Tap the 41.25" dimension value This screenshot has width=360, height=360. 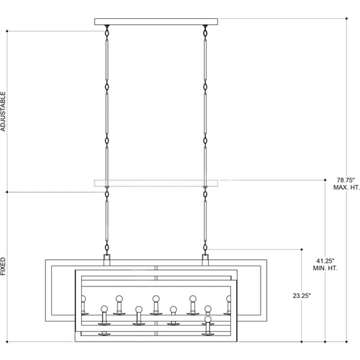[325, 261]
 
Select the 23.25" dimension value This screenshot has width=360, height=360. [301, 296]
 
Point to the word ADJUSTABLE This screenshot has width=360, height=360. [3, 111]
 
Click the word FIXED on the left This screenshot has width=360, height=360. [3, 266]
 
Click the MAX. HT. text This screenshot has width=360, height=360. [346, 187]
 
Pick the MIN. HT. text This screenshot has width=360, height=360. [326, 268]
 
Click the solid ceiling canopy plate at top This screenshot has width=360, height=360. [156, 22]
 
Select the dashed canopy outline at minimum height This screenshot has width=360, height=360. [156, 183]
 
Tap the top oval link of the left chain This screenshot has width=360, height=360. [107, 33]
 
